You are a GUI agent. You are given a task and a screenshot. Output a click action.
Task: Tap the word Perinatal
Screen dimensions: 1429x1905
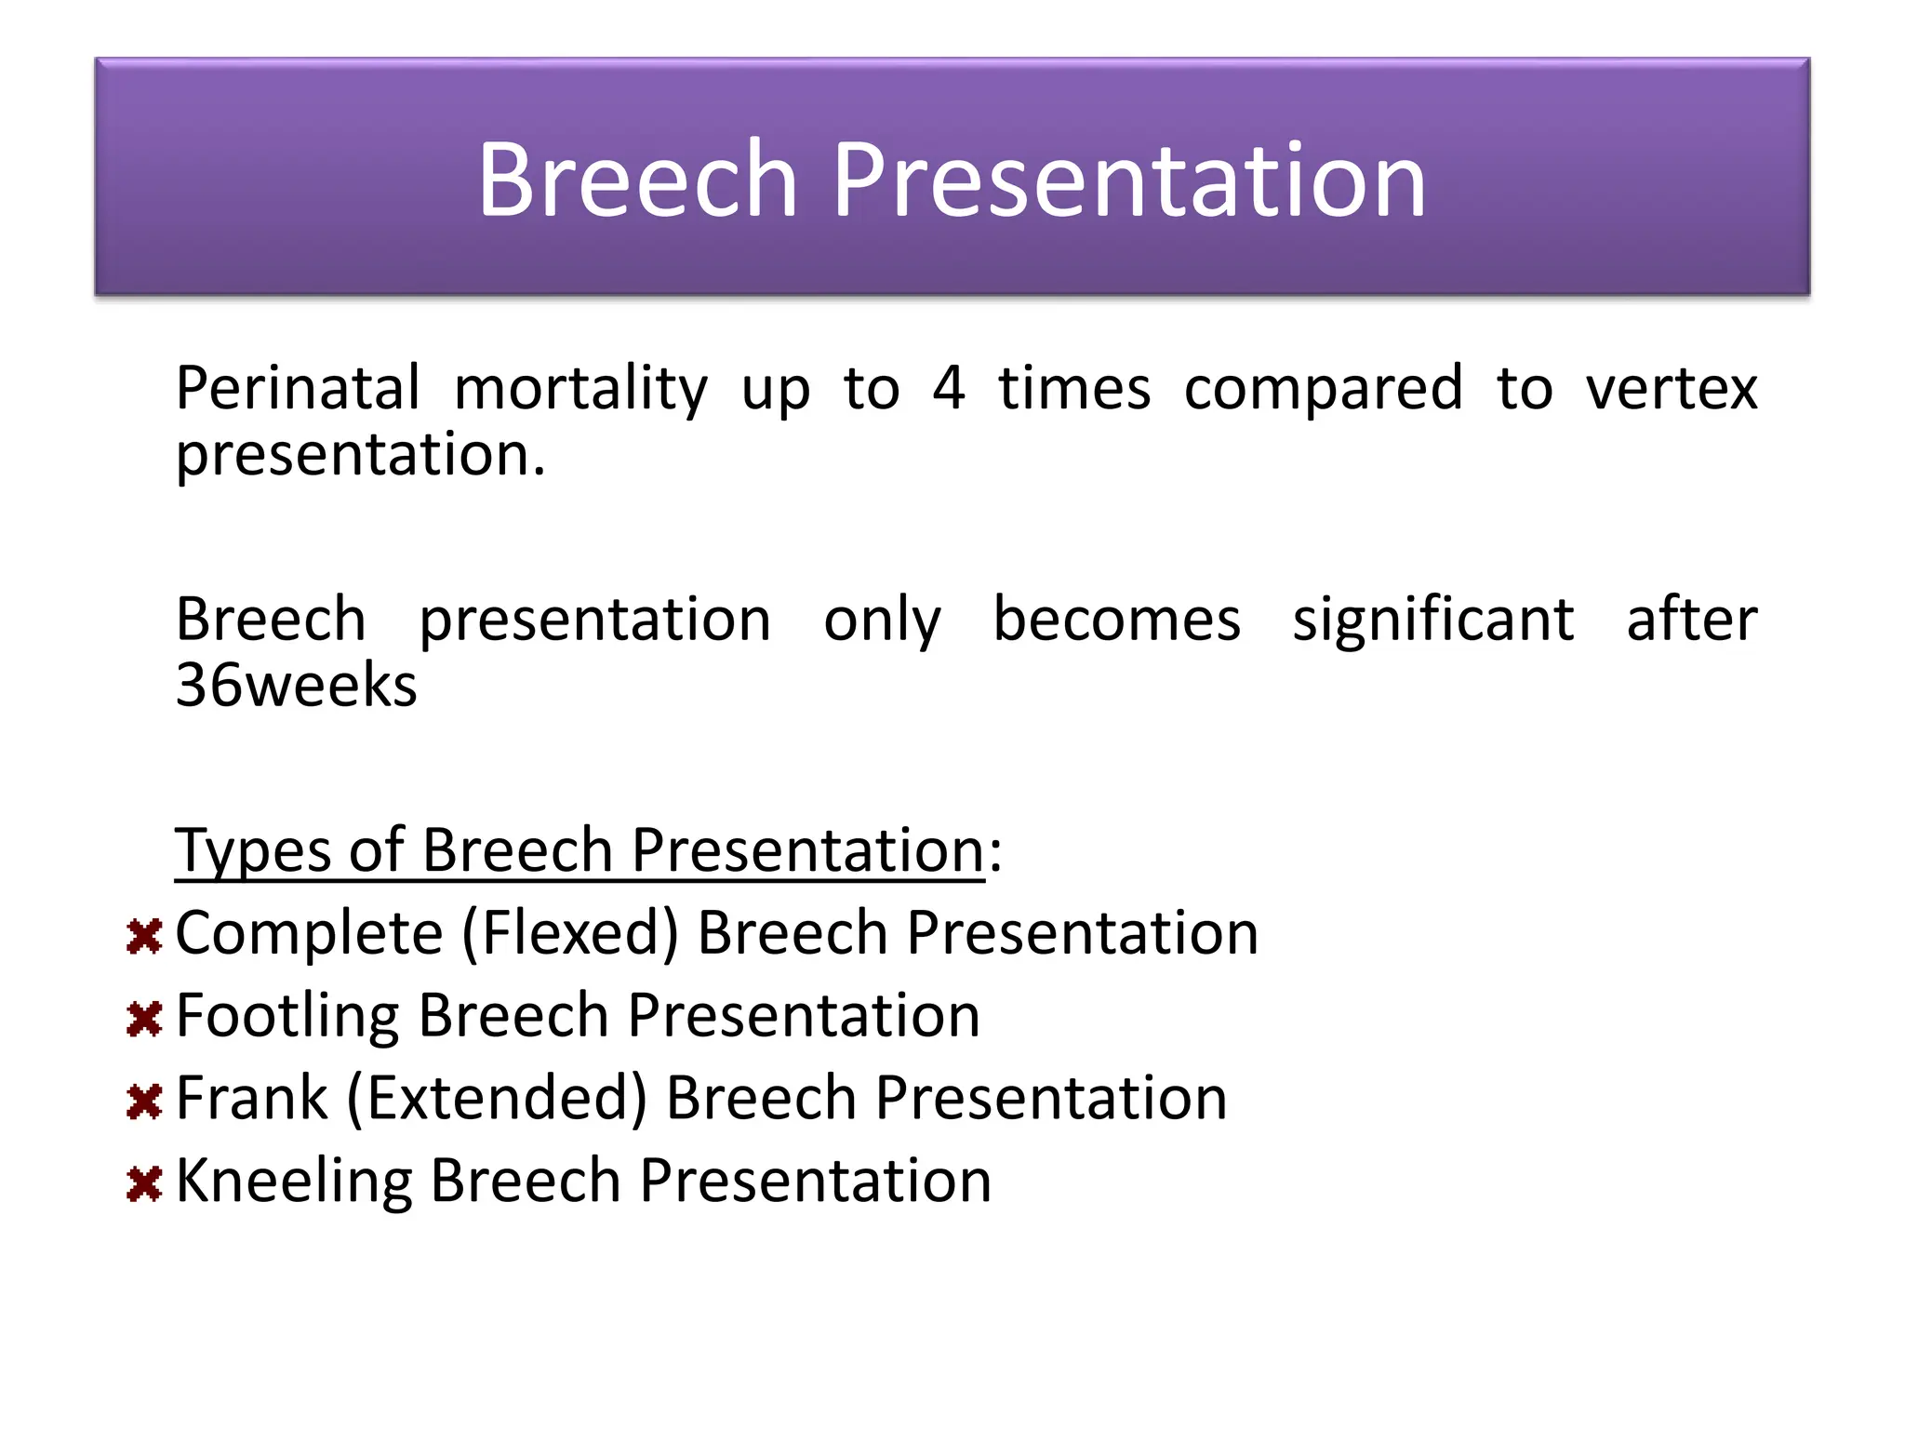(x=298, y=388)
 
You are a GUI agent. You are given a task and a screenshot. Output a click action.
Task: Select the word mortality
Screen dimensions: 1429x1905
(x=580, y=388)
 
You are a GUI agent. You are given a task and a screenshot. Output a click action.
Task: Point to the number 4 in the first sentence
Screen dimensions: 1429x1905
(x=948, y=388)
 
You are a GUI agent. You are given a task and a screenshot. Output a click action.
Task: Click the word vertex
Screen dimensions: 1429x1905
(x=1672, y=388)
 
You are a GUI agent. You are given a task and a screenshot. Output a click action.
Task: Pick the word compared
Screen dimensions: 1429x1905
(x=1323, y=388)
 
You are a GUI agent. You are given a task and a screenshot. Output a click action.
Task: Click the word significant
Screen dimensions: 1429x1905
(x=1432, y=620)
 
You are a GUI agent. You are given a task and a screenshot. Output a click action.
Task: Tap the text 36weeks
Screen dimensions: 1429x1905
(x=296, y=686)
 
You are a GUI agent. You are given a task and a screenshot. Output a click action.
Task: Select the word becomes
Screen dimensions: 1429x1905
(x=1116, y=620)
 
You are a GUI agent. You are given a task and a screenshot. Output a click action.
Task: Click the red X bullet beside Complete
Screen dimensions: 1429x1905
(x=144, y=937)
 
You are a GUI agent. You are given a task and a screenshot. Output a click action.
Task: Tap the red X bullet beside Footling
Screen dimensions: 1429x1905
(x=144, y=1019)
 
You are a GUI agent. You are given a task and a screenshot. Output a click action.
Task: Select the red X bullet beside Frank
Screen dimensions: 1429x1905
(x=144, y=1102)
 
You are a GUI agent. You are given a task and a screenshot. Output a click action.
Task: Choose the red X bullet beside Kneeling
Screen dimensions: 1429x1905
(x=144, y=1183)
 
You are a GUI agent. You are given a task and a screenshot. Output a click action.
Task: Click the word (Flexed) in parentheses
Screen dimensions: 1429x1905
(x=570, y=933)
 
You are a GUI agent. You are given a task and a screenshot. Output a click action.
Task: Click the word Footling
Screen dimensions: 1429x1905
(x=287, y=1015)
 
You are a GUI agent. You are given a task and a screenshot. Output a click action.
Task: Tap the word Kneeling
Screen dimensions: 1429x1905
(x=294, y=1181)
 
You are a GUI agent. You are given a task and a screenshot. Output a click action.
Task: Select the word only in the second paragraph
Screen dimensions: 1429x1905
(x=882, y=620)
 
